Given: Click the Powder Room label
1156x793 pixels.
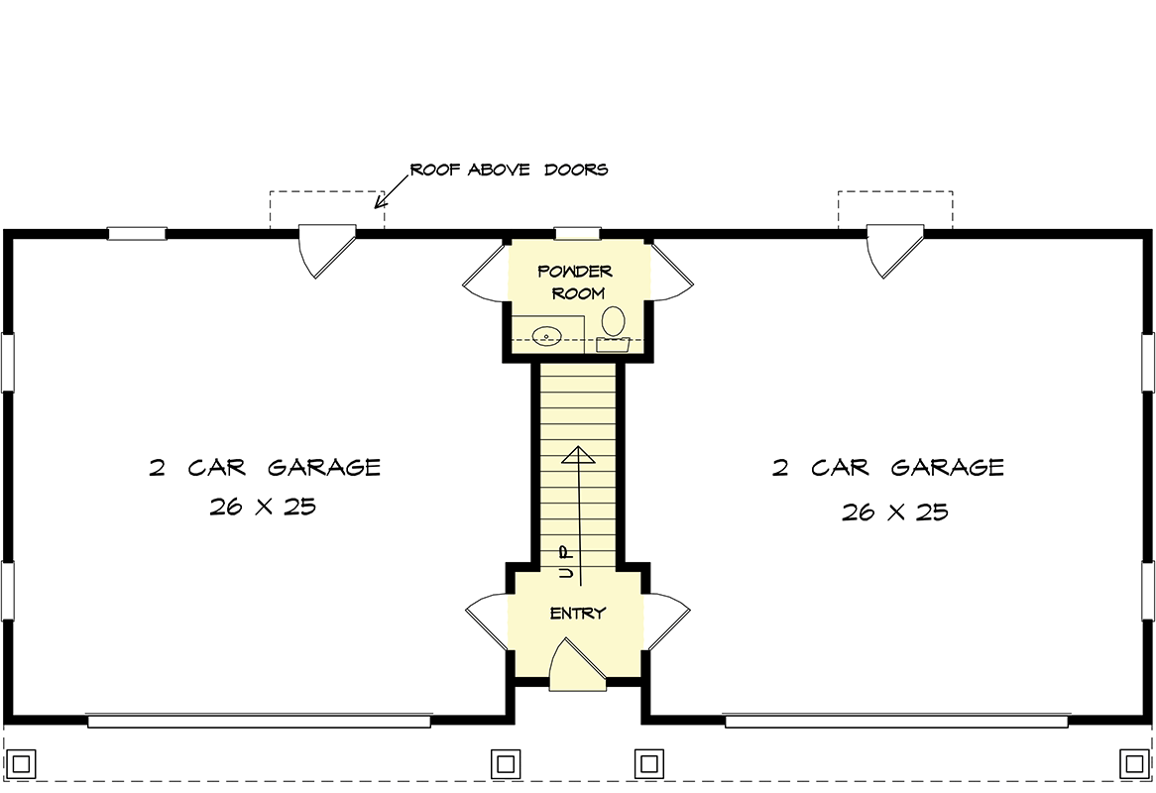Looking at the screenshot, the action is tap(576, 283).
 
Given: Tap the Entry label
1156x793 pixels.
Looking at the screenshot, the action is tap(578, 614).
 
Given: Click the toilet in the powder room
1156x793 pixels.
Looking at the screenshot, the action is tap(613, 329).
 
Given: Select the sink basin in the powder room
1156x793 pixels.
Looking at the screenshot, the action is tap(546, 336).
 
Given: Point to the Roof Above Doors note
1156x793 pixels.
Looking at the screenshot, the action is tap(509, 170).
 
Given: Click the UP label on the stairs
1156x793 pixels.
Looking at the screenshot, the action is tap(565, 562).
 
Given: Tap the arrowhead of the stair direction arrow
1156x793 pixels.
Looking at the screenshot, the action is tap(578, 454).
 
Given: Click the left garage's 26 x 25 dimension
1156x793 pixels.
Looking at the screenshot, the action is tap(263, 507).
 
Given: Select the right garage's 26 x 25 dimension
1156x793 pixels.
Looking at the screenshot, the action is tap(895, 511).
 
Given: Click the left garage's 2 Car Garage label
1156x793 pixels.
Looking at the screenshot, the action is tap(265, 467).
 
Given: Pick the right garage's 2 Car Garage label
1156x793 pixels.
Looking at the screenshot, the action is tap(887, 467).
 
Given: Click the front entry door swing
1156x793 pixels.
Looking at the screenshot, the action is tap(577, 665).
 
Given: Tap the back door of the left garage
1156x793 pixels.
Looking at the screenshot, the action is tap(326, 252).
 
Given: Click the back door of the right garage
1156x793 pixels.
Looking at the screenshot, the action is tap(895, 252).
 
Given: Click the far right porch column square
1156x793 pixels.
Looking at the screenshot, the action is tap(1134, 763).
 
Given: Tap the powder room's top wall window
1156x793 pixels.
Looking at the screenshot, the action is tap(578, 234).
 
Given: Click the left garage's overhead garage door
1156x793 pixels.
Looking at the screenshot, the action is tap(259, 721).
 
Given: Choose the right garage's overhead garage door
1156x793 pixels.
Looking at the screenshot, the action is tap(896, 721).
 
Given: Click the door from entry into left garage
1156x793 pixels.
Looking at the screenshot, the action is tap(487, 623).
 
